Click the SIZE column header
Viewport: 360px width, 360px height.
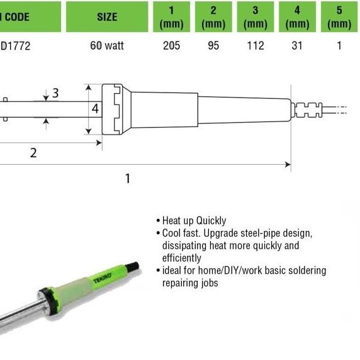coord(107,17)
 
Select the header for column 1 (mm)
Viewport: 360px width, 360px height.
coord(171,17)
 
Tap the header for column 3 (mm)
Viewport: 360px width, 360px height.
coord(255,17)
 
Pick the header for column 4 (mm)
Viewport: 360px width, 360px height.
coord(297,17)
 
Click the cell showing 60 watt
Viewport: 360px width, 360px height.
coord(107,47)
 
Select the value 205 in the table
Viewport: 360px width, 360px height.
coord(171,47)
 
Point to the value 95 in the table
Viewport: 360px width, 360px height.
coord(213,47)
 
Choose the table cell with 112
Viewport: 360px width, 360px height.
coord(255,47)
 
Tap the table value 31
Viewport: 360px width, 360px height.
coord(297,47)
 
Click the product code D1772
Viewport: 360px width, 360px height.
coord(15,47)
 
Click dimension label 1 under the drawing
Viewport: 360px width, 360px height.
coord(128,179)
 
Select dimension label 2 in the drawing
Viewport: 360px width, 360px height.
coord(33,153)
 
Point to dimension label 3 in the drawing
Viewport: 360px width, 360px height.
coord(56,93)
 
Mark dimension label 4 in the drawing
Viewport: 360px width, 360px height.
coord(95,109)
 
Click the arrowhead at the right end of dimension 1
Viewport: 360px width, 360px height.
coord(288,165)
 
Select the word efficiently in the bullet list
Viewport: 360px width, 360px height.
coord(182,258)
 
